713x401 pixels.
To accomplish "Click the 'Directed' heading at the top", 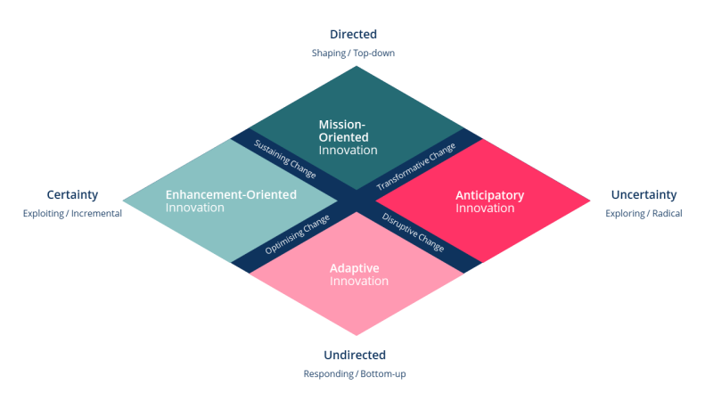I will click(x=353, y=35).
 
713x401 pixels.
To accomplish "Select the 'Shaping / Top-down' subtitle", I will click(x=353, y=53).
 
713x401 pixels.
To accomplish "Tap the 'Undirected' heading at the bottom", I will click(x=355, y=355).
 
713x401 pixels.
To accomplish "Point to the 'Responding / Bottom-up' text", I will click(x=355, y=373).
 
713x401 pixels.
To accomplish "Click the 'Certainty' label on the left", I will click(x=72, y=194).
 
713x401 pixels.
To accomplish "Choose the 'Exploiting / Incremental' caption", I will click(x=72, y=214).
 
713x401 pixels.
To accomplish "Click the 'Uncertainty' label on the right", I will click(x=643, y=194).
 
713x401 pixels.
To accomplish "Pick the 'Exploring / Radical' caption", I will click(x=643, y=214).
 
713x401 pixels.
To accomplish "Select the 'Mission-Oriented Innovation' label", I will click(x=348, y=137).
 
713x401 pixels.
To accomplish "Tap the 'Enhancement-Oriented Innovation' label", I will click(x=231, y=200).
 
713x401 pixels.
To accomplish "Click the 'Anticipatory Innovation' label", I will click(x=489, y=201).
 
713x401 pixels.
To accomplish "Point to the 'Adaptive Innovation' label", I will click(x=358, y=274).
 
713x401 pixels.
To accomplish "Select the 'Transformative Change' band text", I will click(x=415, y=167).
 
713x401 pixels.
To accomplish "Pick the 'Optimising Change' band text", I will click(x=298, y=236).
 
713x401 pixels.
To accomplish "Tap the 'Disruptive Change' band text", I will click(x=413, y=232).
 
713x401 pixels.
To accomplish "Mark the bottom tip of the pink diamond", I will click(x=356, y=335).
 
